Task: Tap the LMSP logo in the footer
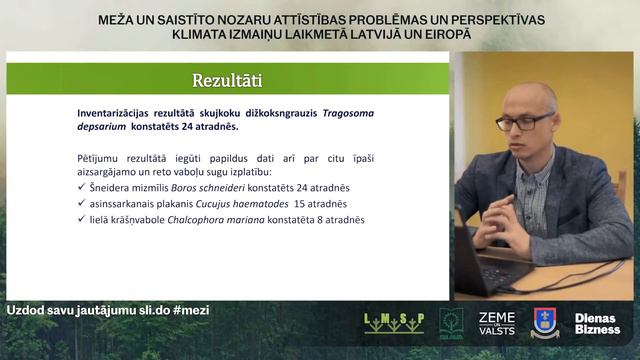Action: point(393,323)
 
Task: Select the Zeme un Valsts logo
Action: point(497,323)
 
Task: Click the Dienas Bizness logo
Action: point(597,324)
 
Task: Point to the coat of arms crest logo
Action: point(545,323)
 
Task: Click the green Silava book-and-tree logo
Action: point(451,322)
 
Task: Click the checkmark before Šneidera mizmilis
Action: point(81,187)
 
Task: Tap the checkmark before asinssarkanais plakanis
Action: point(81,203)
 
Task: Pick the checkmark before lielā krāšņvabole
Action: point(81,219)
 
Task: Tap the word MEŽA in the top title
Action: point(116,19)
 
